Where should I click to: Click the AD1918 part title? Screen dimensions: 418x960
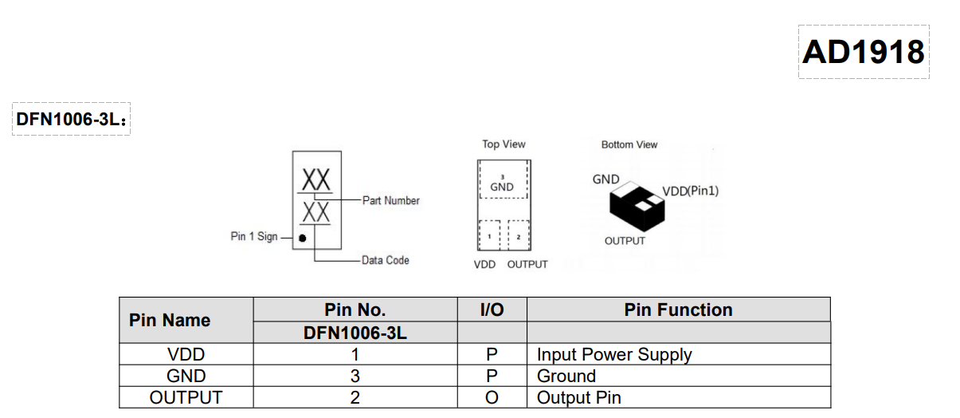coord(864,52)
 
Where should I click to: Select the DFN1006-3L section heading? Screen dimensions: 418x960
coord(70,120)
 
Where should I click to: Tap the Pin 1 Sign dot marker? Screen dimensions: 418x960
coord(303,238)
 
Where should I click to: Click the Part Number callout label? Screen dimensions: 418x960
coord(390,200)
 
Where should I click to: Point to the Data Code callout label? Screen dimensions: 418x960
coord(385,260)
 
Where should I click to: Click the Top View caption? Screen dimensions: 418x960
coord(504,144)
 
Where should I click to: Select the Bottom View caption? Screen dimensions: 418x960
coord(629,144)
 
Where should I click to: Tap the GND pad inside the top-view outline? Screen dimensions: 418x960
coord(502,185)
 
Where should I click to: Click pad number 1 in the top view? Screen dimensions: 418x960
coord(488,237)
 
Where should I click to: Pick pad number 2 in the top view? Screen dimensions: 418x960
coord(519,237)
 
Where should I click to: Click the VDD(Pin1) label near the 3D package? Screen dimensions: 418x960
coord(691,191)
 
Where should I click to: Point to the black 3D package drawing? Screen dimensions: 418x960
coord(637,207)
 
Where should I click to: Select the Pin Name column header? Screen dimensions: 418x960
coord(170,320)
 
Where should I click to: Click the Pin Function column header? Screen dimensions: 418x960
coord(678,310)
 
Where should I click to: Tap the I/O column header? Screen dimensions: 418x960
coord(492,310)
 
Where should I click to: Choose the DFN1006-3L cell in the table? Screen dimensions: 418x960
coord(355,333)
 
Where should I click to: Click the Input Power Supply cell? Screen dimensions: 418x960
coord(614,354)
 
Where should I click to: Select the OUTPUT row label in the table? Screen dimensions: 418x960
coord(186,397)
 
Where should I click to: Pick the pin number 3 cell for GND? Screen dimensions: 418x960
coord(355,376)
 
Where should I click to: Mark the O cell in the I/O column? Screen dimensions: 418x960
coord(492,397)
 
